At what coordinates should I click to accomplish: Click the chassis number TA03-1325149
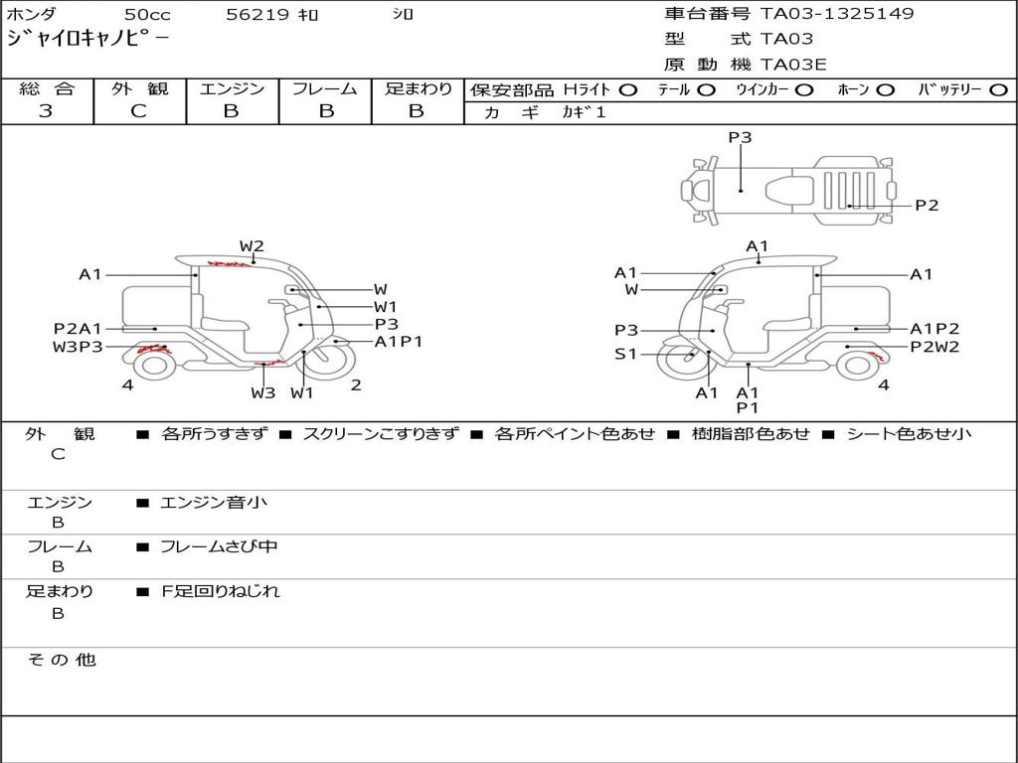837,14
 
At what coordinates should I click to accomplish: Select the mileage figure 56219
257,14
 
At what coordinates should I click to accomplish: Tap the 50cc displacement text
147,14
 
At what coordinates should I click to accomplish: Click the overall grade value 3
46,111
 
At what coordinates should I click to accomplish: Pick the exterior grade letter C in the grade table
138,111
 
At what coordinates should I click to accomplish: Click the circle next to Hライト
628,90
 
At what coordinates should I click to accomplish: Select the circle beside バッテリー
998,90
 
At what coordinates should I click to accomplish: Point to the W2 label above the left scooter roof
252,246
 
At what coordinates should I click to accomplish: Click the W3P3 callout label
78,347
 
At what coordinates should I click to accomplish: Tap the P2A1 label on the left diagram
78,329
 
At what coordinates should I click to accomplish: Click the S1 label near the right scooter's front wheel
626,355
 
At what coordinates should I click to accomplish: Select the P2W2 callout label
934,347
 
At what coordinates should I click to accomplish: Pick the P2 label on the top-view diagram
927,206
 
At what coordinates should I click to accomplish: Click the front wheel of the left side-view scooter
330,360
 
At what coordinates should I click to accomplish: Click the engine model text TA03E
793,65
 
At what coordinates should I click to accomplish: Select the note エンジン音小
214,502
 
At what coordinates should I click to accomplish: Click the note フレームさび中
219,547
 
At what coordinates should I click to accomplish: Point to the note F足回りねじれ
220,591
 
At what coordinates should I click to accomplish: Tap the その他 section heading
61,660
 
